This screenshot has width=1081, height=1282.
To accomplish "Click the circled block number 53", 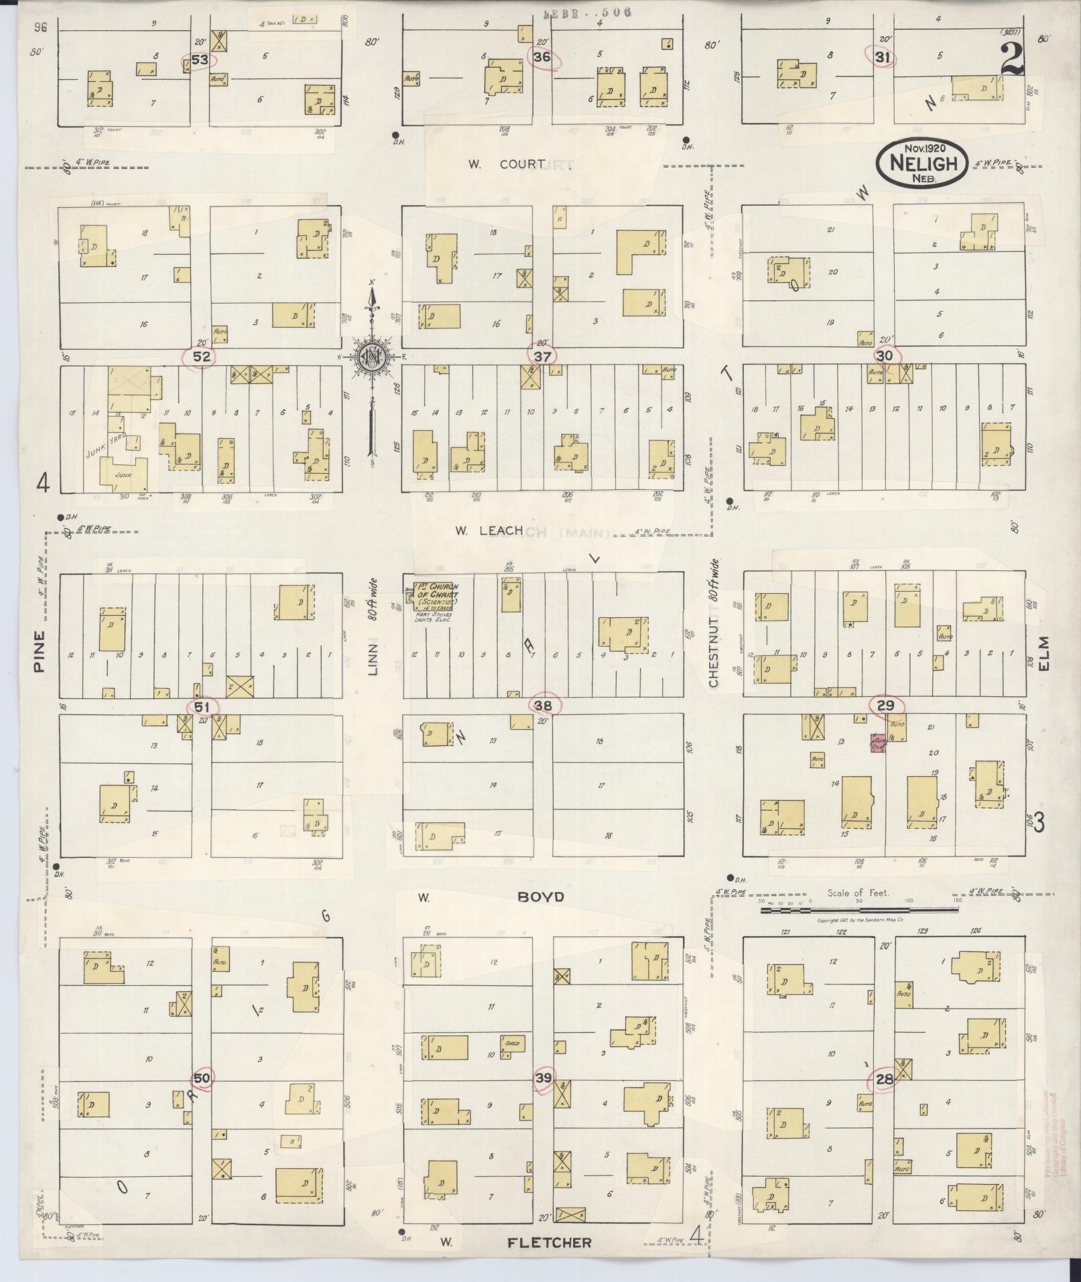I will coord(200,60).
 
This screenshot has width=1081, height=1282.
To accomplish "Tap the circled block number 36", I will coord(542,58).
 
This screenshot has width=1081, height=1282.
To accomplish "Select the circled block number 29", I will coord(886,706).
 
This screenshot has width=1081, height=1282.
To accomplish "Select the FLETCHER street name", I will coord(549,1243).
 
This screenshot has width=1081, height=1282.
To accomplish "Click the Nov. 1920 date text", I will coord(923,148).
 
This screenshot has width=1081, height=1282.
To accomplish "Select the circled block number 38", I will coord(544,705).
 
